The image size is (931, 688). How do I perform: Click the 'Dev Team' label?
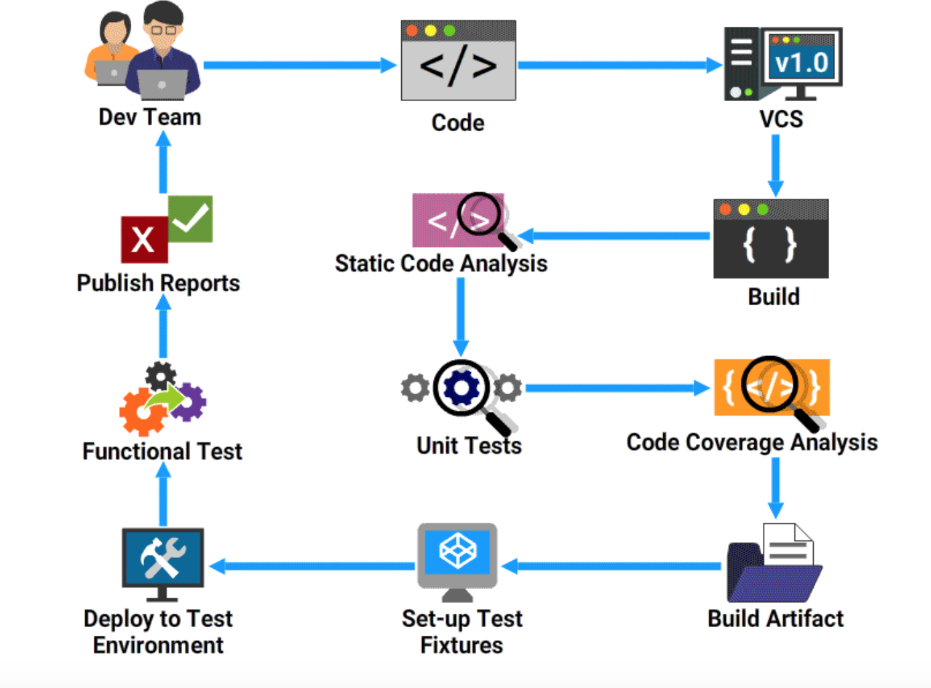pos(150,117)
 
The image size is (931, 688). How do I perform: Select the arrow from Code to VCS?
pos(620,65)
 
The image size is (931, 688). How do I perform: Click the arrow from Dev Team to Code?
pos(300,65)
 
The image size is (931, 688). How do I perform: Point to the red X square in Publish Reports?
pos(145,240)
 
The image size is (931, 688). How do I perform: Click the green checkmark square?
pos(190,219)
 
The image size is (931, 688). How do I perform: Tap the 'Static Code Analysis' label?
pos(441,264)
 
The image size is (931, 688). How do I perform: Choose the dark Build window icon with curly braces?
pos(771,238)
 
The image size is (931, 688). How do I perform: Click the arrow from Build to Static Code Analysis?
pos(614,236)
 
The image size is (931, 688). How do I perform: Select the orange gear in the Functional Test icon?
pos(142,413)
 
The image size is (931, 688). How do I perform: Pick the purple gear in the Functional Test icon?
pos(188,402)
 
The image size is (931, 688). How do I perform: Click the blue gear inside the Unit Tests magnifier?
pos(461,388)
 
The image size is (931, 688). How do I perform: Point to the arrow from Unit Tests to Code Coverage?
pos(618,388)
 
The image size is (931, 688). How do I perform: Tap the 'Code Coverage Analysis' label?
pos(752,443)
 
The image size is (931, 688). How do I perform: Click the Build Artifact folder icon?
pos(774,563)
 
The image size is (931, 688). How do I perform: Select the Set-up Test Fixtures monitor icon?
pos(457,562)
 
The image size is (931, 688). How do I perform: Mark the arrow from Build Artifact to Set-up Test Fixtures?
pos(611,566)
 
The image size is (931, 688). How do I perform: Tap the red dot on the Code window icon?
pos(412,31)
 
